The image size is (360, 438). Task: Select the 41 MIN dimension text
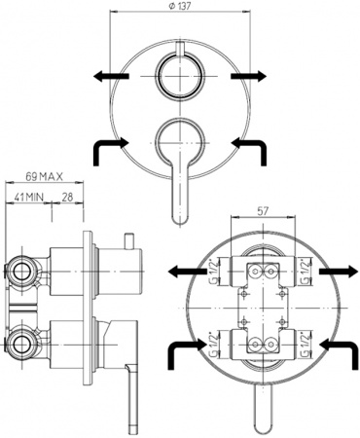pyautogui.click(x=27, y=198)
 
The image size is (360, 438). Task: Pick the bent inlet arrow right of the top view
pyautogui.click(x=250, y=148)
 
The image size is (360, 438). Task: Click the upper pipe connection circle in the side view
pyautogui.click(x=21, y=268)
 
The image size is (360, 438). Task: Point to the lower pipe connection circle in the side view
pyautogui.click(x=21, y=342)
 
